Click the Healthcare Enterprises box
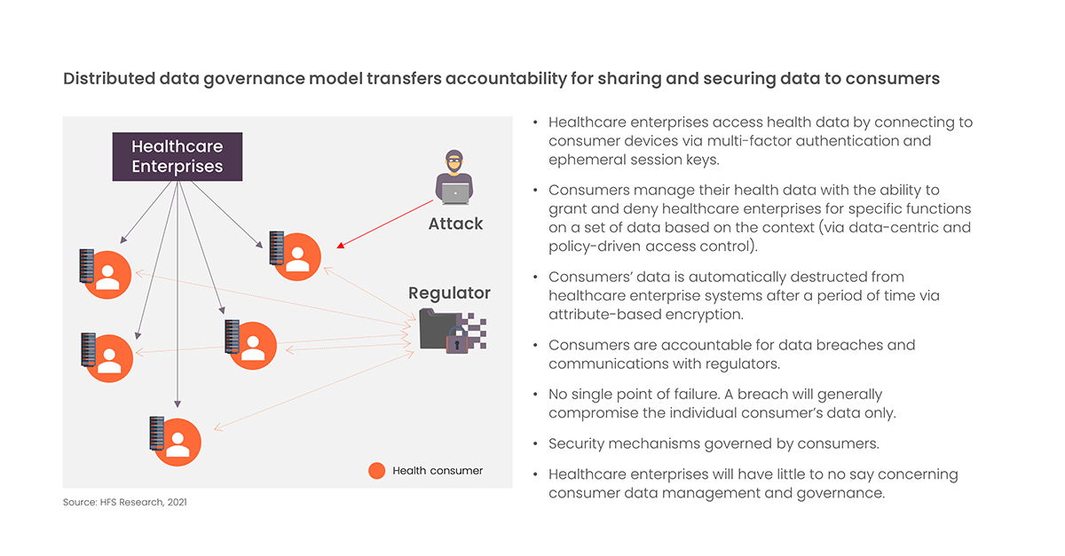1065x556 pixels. coord(177,156)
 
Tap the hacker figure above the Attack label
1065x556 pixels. coord(454,177)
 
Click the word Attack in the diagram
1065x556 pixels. coord(455,223)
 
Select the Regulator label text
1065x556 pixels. coord(449,294)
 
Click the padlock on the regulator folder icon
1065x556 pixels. coord(457,341)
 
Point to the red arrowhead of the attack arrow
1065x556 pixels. coord(341,246)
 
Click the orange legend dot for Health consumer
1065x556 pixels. coord(376,471)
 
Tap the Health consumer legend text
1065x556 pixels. coord(438,471)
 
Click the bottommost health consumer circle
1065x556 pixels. coord(177,442)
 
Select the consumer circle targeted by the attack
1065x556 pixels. coord(297,256)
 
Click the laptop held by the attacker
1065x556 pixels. coord(455,193)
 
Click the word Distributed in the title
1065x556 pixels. coord(109,78)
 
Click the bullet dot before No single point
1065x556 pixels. coord(535,395)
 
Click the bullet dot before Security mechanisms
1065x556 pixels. coord(535,444)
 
